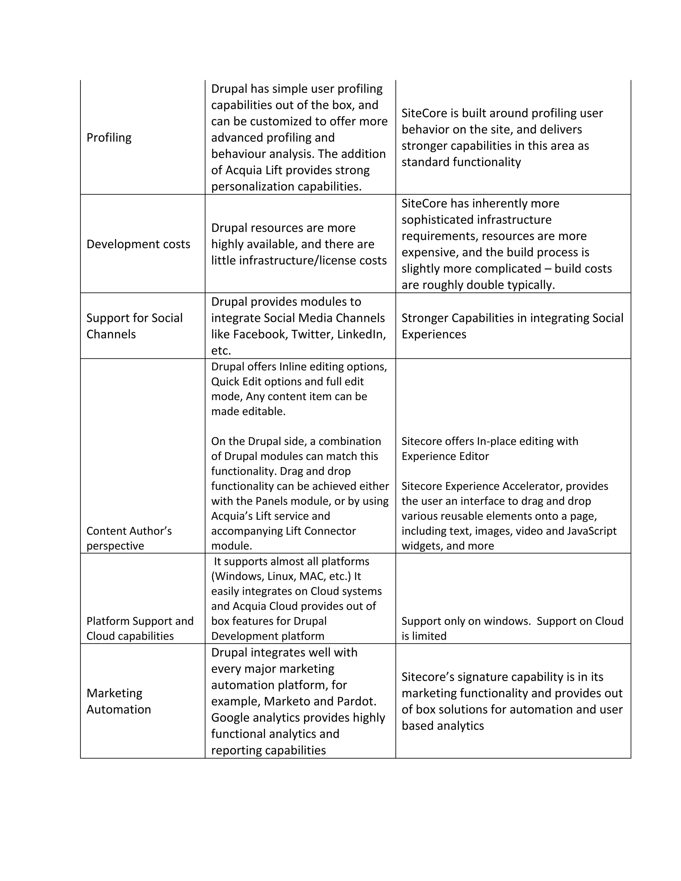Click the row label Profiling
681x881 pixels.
[109, 138]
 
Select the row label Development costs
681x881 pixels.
[138, 244]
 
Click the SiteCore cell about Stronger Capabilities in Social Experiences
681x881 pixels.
[512, 326]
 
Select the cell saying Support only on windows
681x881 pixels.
[512, 628]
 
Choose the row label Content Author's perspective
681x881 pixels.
[129, 538]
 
